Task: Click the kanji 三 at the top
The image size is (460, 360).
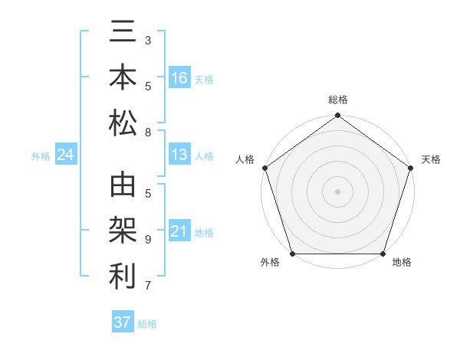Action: click(123, 34)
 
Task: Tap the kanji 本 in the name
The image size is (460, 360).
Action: click(123, 78)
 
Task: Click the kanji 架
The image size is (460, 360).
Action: click(123, 231)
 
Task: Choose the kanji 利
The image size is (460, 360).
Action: click(123, 276)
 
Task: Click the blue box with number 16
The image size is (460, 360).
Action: click(179, 78)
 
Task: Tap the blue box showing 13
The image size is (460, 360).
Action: click(179, 155)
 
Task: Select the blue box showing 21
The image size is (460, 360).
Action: click(179, 231)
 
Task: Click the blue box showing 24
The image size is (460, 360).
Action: click(65, 155)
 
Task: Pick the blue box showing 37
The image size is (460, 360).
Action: click(122, 322)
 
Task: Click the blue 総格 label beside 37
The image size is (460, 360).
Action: click(147, 323)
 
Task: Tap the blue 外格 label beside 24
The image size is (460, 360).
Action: click(41, 156)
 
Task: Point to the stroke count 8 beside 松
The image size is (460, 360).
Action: click(147, 133)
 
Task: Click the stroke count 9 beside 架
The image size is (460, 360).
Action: click(147, 239)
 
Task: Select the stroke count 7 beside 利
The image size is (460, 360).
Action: click(147, 286)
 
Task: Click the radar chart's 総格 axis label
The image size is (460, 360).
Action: click(337, 100)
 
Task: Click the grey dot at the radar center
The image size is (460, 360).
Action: click(337, 191)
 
